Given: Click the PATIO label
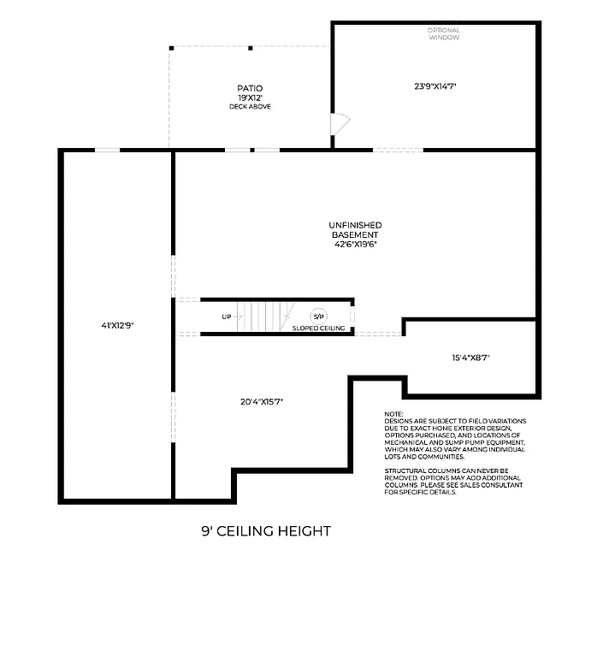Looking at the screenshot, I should (x=250, y=88).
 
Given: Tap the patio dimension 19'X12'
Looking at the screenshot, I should (x=250, y=98).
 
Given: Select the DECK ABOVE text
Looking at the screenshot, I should (x=250, y=107).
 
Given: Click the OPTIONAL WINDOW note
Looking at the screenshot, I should (x=444, y=34).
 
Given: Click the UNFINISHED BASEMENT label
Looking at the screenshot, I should (x=355, y=229).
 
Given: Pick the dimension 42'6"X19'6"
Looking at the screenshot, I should (x=355, y=244).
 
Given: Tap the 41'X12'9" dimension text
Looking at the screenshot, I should (x=117, y=325).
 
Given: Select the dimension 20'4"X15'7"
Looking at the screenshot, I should (x=261, y=401).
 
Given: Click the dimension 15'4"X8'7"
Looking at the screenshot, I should (x=471, y=358).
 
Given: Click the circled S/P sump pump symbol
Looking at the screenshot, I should (x=318, y=317).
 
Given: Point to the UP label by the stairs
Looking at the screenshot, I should (x=227, y=317).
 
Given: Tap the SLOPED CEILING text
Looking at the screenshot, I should (x=318, y=328).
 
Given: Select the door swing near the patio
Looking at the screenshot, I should (x=339, y=125).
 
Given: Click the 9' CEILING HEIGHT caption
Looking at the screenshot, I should (x=266, y=531).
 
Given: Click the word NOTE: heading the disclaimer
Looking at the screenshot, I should (x=393, y=413).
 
